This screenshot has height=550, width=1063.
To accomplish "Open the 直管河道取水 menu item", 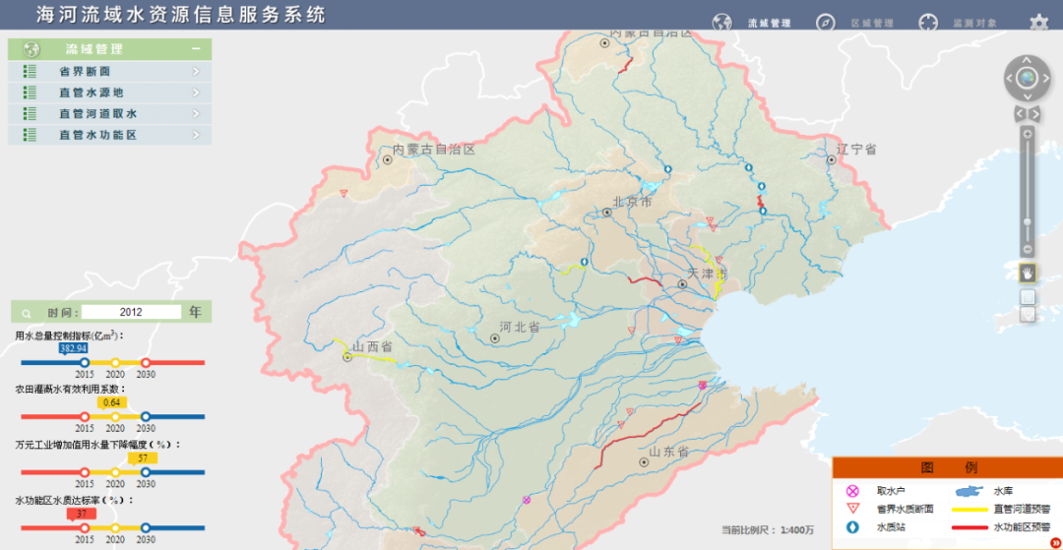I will point(97,114).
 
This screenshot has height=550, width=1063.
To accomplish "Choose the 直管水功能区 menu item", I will point(97,135).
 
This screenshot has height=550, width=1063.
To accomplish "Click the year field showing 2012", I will point(131,312).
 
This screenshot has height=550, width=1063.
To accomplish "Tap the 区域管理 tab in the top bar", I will point(871,23).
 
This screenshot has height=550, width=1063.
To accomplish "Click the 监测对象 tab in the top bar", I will point(973,23).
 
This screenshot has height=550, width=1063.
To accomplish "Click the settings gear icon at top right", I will point(1038,23).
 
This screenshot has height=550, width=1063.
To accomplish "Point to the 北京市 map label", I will point(632,202).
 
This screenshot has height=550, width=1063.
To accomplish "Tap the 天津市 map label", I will point(707,272).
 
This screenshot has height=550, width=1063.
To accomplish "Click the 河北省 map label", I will point(519,327).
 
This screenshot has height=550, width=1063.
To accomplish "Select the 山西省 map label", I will point(373,346).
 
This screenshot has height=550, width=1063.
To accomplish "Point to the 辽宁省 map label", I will point(856,150).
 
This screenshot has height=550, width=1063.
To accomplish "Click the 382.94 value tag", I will point(74,348).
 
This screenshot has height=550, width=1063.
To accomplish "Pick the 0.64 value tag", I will point(111,402).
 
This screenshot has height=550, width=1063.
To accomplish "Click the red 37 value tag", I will point(82,514).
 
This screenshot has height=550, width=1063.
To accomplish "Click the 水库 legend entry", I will point(1003,490).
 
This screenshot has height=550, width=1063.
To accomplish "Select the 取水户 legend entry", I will point(891,490).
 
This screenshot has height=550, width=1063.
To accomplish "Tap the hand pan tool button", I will point(1027,272).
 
